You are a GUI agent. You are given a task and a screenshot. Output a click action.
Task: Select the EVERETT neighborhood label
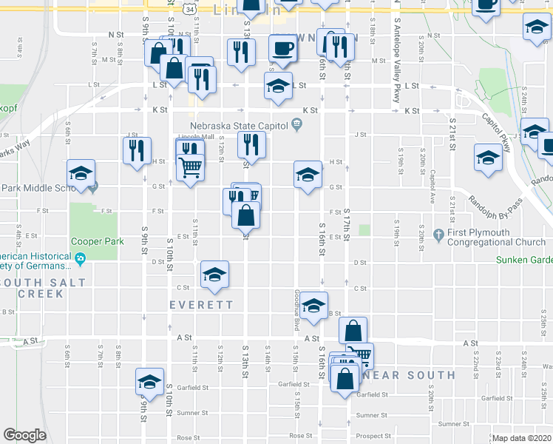pyautogui.click(x=201, y=305)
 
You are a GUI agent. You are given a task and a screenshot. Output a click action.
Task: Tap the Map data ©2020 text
pyautogui.click(x=521, y=438)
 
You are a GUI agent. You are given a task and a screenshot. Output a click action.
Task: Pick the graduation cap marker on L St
pyautogui.click(x=279, y=89)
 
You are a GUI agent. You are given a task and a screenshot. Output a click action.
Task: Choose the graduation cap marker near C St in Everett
pyautogui.click(x=214, y=276)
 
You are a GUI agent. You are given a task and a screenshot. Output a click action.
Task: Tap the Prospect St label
pyautogui.click(x=372, y=436)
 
